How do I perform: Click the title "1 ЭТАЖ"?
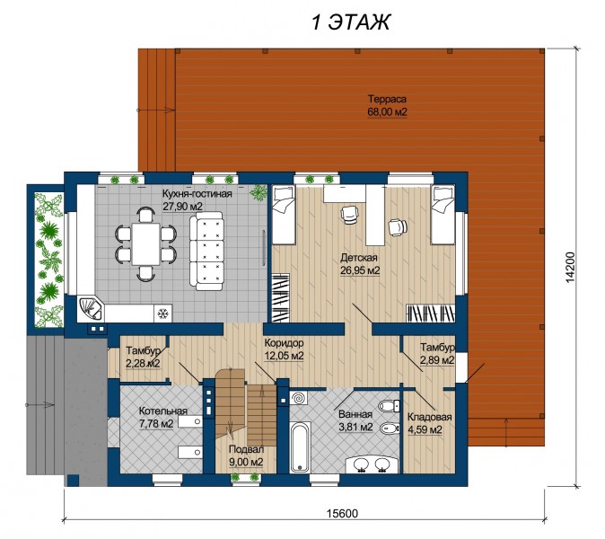[350, 22]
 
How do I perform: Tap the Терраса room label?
[387, 99]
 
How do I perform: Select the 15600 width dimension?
[342, 514]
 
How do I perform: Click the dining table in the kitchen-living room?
[145, 243]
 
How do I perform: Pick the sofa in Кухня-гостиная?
[206, 251]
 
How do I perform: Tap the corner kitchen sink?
[91, 309]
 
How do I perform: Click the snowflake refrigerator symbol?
[163, 314]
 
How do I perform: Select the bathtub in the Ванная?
[300, 446]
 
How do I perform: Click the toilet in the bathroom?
[390, 406]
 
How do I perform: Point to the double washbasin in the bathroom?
[372, 464]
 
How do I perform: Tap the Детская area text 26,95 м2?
[360, 270]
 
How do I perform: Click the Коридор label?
[284, 343]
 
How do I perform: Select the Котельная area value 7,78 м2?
[156, 423]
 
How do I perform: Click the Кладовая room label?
[429, 418]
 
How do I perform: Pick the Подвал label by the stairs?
[246, 449]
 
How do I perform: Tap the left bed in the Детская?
[284, 215]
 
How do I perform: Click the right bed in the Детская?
[443, 215]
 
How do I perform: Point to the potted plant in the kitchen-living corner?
[259, 192]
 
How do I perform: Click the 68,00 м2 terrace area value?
[387, 112]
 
